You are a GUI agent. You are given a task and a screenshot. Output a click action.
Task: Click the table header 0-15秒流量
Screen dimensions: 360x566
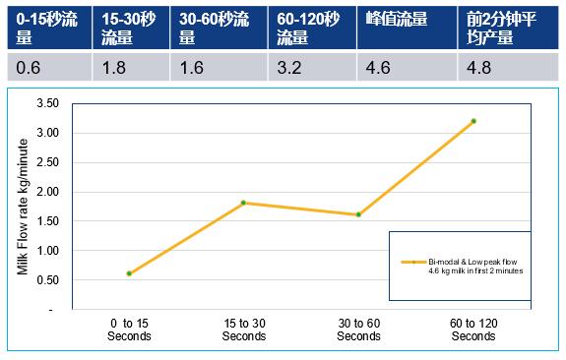pyautogui.click(x=44, y=28)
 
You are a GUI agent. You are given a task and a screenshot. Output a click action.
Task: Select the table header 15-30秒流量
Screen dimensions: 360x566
pyautogui.click(x=131, y=28)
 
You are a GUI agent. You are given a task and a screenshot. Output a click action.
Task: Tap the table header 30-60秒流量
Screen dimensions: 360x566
pyautogui.click(x=218, y=28)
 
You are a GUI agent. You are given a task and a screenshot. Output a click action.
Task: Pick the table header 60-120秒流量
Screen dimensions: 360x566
pyautogui.click(x=307, y=28)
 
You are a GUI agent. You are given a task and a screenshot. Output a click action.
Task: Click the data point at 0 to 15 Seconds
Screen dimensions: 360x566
pyautogui.click(x=129, y=273)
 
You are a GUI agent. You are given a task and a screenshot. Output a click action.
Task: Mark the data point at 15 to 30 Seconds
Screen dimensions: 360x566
pyautogui.click(x=243, y=203)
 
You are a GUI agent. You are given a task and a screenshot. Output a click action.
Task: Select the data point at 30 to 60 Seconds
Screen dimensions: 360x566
pyautogui.click(x=358, y=214)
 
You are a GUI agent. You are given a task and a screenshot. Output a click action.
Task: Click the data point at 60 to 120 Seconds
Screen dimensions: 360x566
pyautogui.click(x=473, y=121)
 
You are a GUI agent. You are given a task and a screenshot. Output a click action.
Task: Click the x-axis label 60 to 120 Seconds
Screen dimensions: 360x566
pyautogui.click(x=473, y=330)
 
